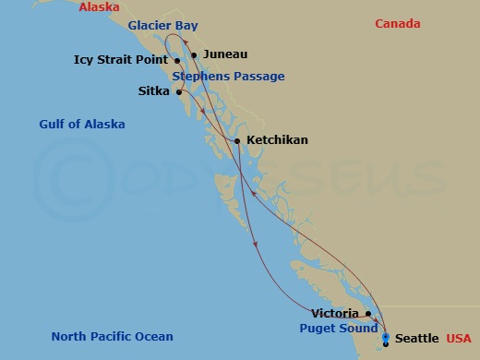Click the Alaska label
100,7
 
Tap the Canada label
398,24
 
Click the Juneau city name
224,54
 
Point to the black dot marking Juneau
194,54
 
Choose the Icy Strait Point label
121,61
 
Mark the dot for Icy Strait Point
177,61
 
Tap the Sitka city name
153,92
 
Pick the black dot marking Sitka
178,92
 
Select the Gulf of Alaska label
82,125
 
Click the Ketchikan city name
277,140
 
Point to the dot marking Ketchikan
238,140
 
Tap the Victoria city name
335,314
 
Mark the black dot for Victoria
368,314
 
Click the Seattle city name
416,340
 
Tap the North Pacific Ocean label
112,337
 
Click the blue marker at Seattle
385,337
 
